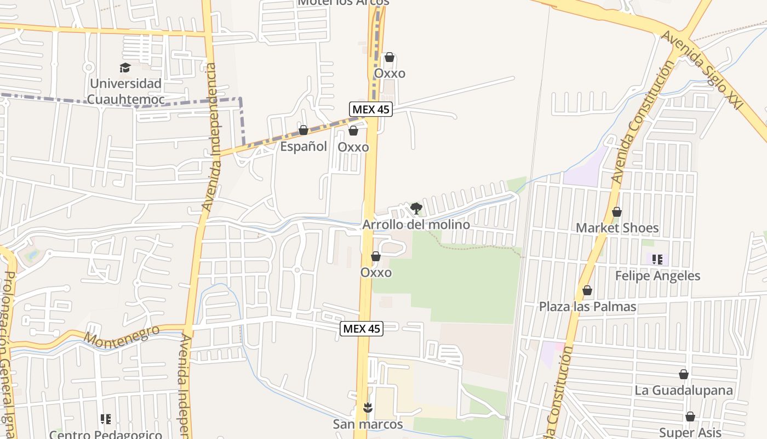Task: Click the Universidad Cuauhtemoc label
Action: pos(126,91)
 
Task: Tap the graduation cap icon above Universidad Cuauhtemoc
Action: pos(125,67)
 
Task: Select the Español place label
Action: pos(304,147)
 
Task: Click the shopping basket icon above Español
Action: pos(303,130)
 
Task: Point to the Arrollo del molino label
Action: pos(416,224)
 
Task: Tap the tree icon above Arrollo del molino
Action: pos(416,208)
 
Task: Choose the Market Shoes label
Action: pos(617,228)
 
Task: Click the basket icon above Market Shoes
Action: pos(617,212)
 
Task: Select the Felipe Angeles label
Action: pos(657,275)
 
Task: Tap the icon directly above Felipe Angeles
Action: pos(657,259)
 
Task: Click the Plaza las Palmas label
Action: pos(587,306)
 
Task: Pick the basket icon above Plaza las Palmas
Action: pos(587,290)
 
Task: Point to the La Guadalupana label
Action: pos(684,390)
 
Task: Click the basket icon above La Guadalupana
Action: pos(684,374)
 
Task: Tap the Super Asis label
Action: pos(690,432)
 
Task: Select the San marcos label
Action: pos(368,424)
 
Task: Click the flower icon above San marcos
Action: pos(368,407)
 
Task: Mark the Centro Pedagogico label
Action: pos(106,434)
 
